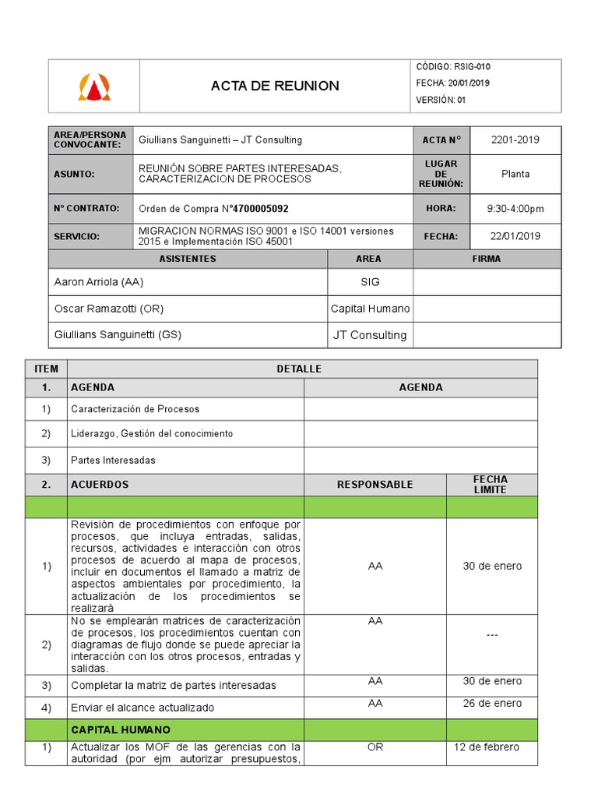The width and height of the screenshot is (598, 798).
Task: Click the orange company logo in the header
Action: pyautogui.click(x=94, y=86)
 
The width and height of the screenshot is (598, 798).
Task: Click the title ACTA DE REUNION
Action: pyautogui.click(x=275, y=86)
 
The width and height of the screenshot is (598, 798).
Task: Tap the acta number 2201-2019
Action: pyautogui.click(x=515, y=140)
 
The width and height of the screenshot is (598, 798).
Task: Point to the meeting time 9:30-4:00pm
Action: pyautogui.click(x=515, y=209)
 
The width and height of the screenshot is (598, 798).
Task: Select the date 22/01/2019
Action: pyautogui.click(x=515, y=236)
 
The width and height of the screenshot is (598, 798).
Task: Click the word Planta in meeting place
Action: pyautogui.click(x=515, y=174)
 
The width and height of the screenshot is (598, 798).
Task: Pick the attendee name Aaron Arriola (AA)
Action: pyautogui.click(x=98, y=282)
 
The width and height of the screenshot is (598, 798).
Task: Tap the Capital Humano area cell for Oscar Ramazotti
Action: pyautogui.click(x=370, y=309)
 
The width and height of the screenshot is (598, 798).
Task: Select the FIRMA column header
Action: pyautogui.click(x=487, y=259)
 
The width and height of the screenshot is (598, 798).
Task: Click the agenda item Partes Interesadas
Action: pyautogui.click(x=113, y=460)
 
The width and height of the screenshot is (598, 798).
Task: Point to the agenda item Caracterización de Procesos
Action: pyautogui.click(x=135, y=408)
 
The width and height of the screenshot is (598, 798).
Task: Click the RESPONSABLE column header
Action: pyautogui.click(x=375, y=485)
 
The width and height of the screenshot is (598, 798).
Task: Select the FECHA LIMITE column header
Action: pyautogui.click(x=491, y=485)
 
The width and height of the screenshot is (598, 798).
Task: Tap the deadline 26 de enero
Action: pyautogui.click(x=492, y=703)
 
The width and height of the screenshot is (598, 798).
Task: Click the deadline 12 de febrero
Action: pyautogui.click(x=487, y=748)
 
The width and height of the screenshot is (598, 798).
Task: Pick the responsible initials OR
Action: pyautogui.click(x=375, y=748)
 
